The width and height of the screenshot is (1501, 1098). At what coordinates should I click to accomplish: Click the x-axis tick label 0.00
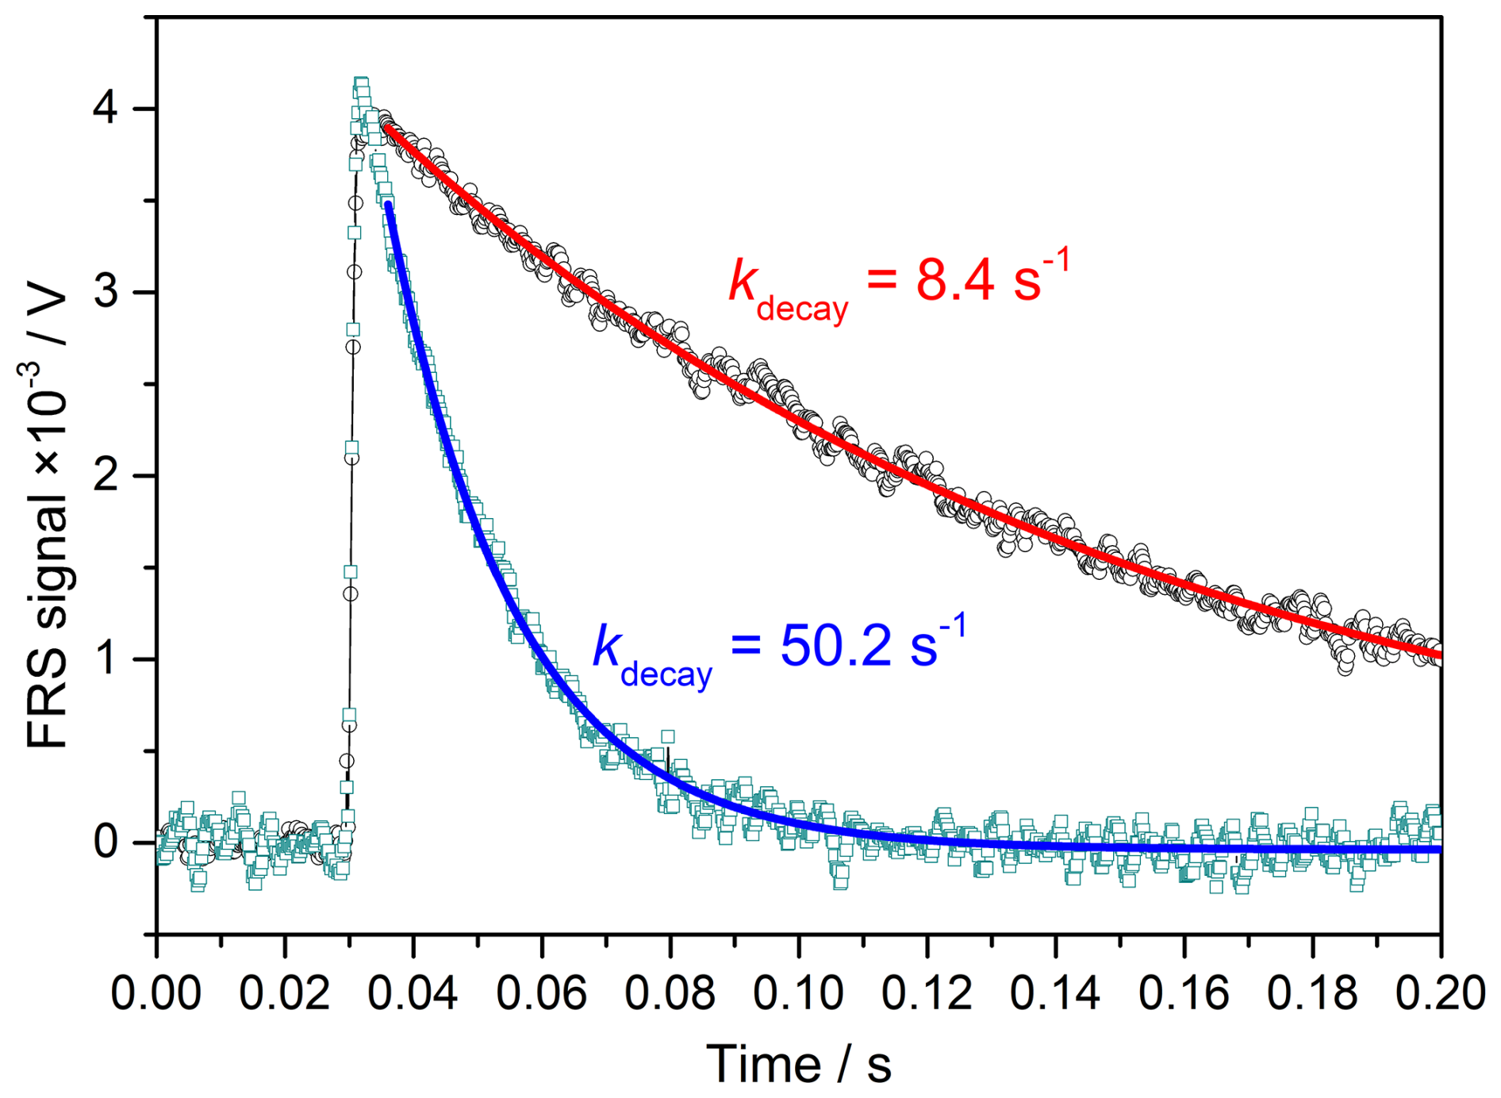tap(155, 993)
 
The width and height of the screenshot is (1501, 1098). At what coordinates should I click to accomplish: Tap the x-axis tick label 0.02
tap(284, 993)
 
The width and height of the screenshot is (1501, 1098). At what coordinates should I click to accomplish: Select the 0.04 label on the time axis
tap(413, 993)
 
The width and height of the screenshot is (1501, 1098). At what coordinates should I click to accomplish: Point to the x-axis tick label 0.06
tap(541, 993)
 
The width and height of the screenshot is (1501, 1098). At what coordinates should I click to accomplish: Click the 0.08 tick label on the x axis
tap(670, 993)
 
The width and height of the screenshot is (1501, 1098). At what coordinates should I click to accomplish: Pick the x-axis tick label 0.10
tap(798, 993)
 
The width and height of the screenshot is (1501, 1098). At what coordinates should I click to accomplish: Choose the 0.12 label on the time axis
tap(927, 993)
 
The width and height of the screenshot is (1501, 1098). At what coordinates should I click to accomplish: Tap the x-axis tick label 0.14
tap(1055, 993)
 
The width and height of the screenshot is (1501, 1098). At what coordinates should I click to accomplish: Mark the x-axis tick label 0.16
tap(1184, 993)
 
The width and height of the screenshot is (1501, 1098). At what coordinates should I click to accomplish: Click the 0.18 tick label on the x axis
tap(1312, 993)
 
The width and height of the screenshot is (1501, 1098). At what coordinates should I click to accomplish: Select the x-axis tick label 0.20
tap(1439, 993)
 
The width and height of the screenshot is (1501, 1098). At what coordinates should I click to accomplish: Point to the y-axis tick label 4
tap(106, 108)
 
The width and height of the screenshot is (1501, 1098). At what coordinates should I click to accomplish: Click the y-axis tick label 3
tap(106, 292)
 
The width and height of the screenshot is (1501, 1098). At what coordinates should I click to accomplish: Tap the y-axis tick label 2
tap(106, 475)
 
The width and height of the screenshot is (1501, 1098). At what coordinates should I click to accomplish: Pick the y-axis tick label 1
tap(107, 659)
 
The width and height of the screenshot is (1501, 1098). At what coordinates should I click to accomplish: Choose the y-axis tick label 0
tap(106, 843)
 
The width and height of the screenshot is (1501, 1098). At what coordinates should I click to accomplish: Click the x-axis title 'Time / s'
tap(798, 1064)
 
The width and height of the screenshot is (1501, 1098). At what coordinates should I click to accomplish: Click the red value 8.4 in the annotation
tap(955, 280)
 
